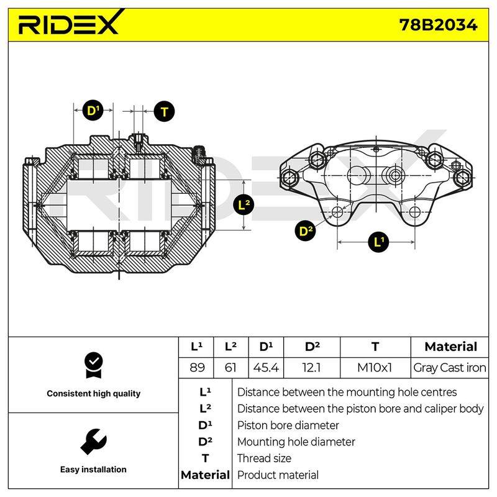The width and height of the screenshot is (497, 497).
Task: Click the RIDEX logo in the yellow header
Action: coord(70,22)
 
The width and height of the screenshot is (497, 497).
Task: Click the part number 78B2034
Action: coord(438,25)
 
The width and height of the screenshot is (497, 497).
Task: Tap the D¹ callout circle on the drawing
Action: coord(93,111)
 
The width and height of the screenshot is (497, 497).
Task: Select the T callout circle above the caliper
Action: coord(164,111)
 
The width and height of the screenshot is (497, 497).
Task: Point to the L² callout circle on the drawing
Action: coord(244,205)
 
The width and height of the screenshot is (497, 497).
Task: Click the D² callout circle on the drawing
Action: coord(305,230)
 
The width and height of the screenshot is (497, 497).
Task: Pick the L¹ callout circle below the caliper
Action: coord(378,242)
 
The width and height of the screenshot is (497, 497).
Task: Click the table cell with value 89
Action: coord(197,368)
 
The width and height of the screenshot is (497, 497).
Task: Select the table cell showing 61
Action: coord(230,368)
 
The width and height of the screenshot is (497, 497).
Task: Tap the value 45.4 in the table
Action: coord(266,368)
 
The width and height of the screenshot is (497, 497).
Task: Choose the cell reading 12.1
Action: coord(312,368)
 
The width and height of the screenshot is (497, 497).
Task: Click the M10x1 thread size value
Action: coord(375,368)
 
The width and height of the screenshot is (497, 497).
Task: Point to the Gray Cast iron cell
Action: coord(449,368)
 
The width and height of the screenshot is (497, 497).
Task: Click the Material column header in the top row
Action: coord(451,347)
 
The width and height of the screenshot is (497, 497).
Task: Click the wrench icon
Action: coord(94,442)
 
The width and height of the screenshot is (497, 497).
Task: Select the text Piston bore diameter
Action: coord(288,425)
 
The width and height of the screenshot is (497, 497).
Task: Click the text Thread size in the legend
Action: coord(264,458)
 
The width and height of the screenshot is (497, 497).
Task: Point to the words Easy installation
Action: coord(93,469)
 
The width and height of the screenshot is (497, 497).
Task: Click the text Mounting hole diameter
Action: coord(296,442)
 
